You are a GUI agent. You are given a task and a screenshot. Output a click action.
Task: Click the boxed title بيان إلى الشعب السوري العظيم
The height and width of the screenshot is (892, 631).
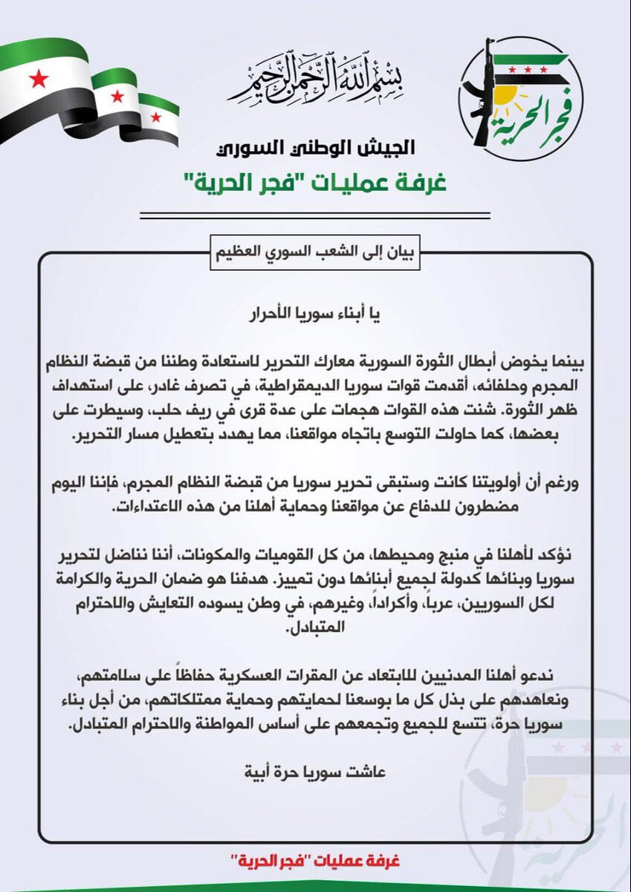tap(316, 251)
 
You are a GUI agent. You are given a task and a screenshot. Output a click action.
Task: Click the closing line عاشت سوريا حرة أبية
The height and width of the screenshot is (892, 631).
tap(316, 772)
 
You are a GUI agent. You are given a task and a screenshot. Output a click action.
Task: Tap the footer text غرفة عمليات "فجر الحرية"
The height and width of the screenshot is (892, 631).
tap(315, 861)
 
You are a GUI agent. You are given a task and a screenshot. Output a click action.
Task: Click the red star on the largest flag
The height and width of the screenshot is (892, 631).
tap(39, 78)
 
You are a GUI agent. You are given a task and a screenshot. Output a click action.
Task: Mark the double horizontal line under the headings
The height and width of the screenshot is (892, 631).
tap(315, 216)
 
